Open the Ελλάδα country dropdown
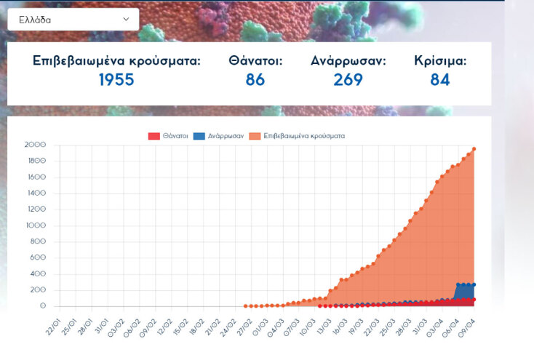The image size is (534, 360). tap(73, 20)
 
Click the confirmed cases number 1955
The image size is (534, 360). tap(116, 80)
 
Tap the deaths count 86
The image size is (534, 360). tap(255, 80)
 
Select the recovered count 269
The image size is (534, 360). tap(348, 80)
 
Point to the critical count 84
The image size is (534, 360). tap(440, 80)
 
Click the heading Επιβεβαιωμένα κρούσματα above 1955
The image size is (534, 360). tap(116, 61)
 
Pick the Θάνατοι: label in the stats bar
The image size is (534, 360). tap(255, 61)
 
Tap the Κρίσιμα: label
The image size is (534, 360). tap(440, 61)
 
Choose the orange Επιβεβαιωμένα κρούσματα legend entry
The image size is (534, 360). tap(297, 136)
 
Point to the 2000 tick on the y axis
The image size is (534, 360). tap(36, 145)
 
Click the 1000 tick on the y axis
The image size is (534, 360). tap(36, 225)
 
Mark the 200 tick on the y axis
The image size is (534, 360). tap(39, 290)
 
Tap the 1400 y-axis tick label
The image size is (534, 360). tap(36, 193)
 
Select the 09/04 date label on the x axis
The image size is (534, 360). tap(467, 327)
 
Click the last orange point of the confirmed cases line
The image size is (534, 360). tap(474, 149)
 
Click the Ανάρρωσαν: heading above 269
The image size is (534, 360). tap(348, 61)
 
